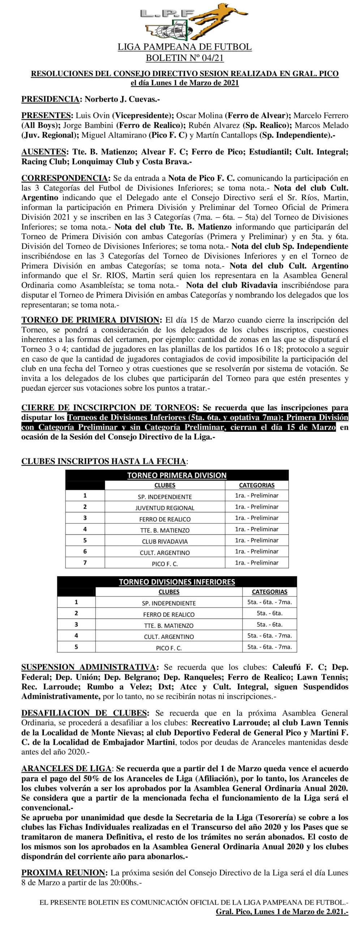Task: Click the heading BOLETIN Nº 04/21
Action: pos(184,58)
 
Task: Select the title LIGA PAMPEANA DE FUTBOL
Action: pos(184,47)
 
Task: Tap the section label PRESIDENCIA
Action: pos(50,99)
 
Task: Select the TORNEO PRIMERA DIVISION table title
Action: pos(177,476)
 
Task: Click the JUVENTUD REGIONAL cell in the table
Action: pos(165,508)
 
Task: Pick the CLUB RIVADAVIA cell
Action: pos(165,542)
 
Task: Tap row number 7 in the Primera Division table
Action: pos(85,563)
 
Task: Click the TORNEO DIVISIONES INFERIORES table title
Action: pos(177,582)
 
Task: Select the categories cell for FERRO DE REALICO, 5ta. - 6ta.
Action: pos(269,613)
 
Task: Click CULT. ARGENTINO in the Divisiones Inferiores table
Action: pos(169,637)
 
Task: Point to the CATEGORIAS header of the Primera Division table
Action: pos(257,485)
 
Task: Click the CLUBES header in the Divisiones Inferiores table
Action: pos(169,592)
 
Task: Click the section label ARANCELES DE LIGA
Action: pos(67,769)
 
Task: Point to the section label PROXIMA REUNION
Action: pos(64,873)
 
